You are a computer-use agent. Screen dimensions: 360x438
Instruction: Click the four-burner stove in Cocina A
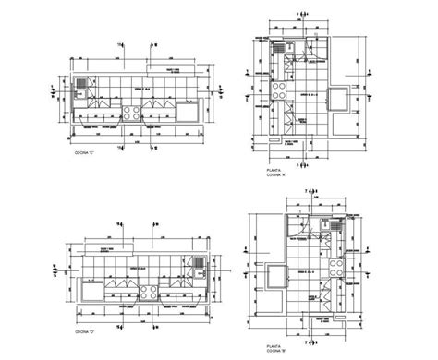coord(275,90)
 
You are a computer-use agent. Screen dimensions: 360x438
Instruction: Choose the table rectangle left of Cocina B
coord(274,274)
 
